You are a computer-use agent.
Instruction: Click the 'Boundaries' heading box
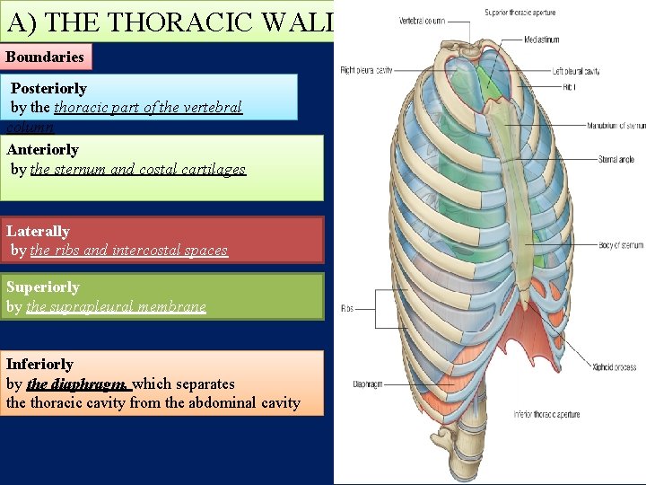46,57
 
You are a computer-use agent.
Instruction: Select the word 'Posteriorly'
48,88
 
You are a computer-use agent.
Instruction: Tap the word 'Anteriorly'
42,149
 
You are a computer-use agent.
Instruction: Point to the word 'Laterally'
38,231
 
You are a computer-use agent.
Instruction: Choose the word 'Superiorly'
43,287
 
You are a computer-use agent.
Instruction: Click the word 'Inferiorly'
39,364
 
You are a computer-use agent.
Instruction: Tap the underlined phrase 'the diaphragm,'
79,384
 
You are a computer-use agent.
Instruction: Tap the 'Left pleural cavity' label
575,71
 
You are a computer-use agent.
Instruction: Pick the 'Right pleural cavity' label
366,70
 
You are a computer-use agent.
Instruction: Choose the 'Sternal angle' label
616,160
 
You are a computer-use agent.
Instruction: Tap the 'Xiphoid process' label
614,366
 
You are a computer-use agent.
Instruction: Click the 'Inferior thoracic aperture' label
546,414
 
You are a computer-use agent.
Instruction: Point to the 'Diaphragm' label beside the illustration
368,384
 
